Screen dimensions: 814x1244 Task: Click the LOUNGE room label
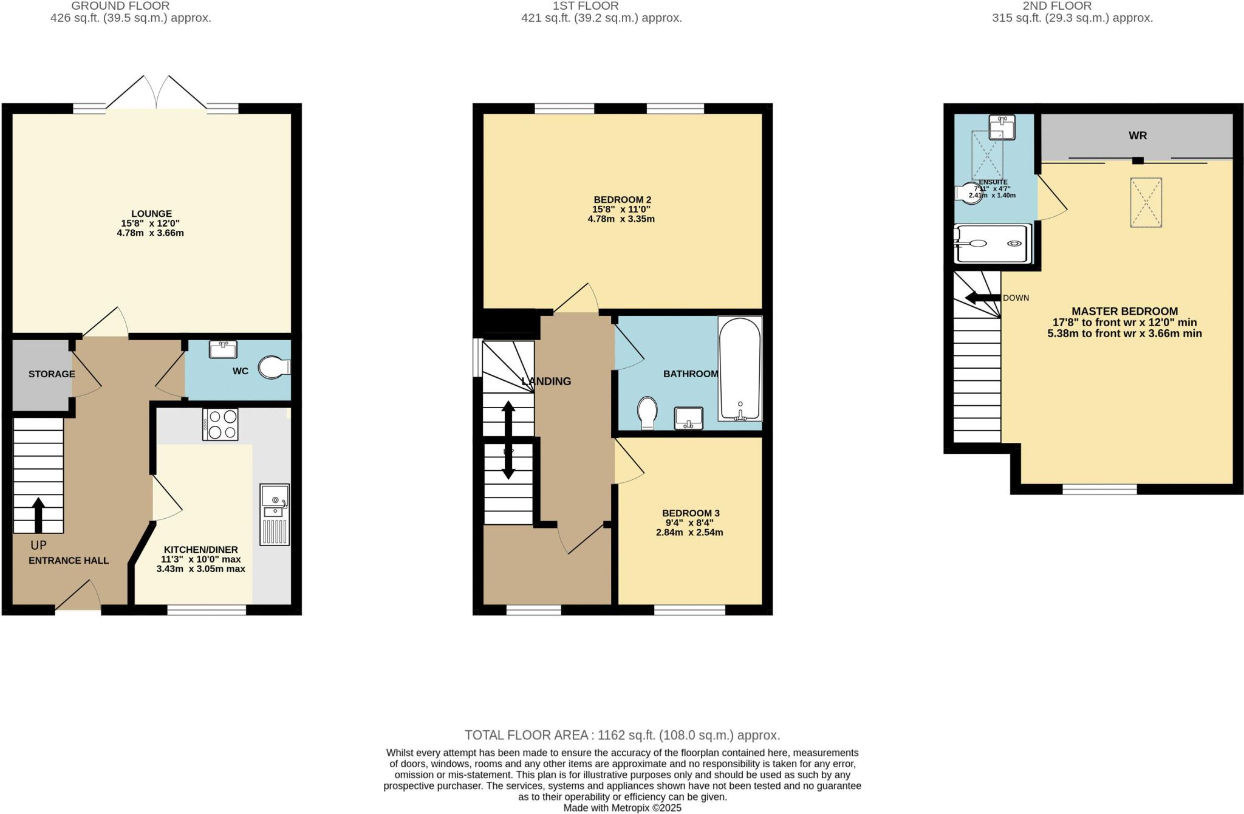151,214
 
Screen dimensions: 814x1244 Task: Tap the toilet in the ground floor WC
273,368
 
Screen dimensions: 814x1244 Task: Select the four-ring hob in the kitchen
220,424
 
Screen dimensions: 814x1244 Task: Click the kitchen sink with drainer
275,514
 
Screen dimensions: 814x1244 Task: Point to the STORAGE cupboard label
52,374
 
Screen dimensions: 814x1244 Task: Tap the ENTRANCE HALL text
69,561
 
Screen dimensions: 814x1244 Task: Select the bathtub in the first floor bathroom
740,369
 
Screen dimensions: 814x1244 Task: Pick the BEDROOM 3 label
691,513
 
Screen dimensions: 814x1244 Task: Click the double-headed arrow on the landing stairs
508,440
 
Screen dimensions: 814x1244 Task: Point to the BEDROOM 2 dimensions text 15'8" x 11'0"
621,209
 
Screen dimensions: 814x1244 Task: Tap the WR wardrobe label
1137,136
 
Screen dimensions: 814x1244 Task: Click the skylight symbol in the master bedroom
1146,202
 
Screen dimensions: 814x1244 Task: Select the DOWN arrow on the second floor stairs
983,298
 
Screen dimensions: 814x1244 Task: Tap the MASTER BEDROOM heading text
1124,311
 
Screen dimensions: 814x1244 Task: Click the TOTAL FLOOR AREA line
622,735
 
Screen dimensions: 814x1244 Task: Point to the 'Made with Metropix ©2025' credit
622,808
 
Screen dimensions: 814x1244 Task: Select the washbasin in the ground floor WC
223,349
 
